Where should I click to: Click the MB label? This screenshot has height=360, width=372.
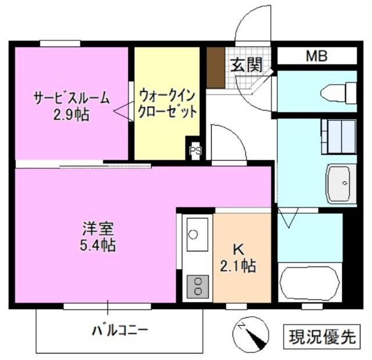[x=317, y=56]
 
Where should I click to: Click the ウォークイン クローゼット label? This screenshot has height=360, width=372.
[x=167, y=102]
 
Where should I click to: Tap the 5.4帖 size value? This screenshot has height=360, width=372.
[x=98, y=245]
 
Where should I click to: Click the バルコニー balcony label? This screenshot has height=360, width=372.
[x=120, y=331]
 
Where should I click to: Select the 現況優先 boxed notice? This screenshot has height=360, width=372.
[x=321, y=336]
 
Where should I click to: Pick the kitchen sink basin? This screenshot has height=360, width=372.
[x=197, y=235]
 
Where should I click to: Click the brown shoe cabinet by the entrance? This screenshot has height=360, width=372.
[x=216, y=67]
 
